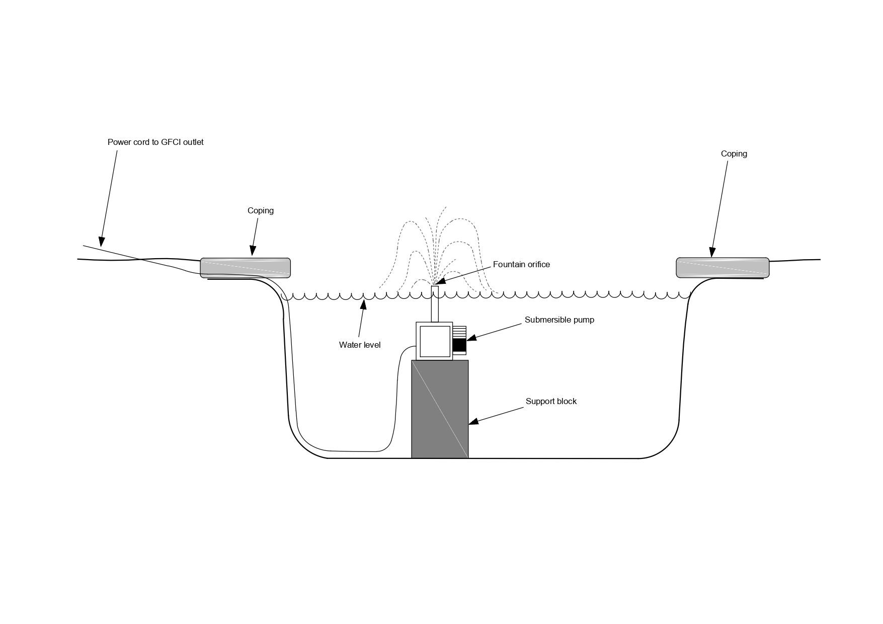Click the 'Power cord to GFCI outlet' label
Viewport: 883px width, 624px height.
point(155,142)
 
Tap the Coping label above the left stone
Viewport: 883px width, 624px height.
point(261,211)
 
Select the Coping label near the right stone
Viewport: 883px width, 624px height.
point(734,154)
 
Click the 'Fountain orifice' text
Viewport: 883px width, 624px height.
point(521,265)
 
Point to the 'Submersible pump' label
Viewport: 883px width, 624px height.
point(559,320)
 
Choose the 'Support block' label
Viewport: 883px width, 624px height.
point(551,402)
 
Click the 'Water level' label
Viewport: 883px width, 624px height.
point(360,345)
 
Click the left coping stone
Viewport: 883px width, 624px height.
point(246,268)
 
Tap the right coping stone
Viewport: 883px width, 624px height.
point(723,267)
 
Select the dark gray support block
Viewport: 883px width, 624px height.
point(440,409)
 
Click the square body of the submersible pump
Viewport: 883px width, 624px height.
point(434,341)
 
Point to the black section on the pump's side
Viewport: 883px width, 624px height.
point(459,345)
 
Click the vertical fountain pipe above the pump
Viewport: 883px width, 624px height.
point(435,304)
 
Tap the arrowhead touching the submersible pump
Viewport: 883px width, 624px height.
point(472,337)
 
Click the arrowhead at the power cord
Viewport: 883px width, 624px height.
point(102,242)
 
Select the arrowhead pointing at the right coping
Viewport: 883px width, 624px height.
point(712,252)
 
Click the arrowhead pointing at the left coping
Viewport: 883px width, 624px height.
point(253,250)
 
